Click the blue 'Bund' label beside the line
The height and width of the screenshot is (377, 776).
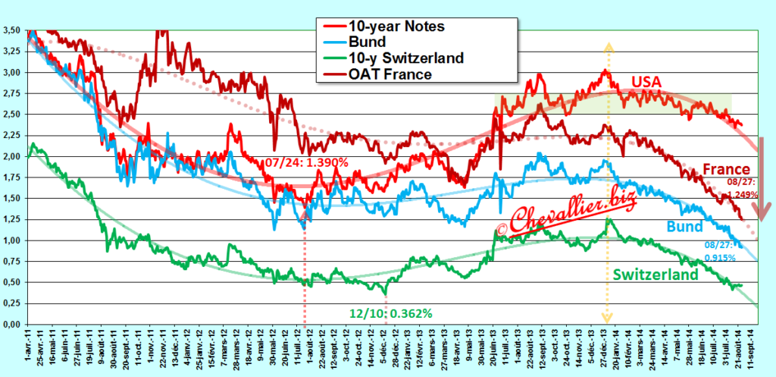(686, 227)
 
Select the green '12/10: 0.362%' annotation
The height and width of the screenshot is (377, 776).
(386, 312)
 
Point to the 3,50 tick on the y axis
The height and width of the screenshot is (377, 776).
(11, 30)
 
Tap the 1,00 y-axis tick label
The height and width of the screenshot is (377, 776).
(11, 240)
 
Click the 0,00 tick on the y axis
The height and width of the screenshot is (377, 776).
(11, 324)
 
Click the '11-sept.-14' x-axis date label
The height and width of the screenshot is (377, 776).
(753, 350)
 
